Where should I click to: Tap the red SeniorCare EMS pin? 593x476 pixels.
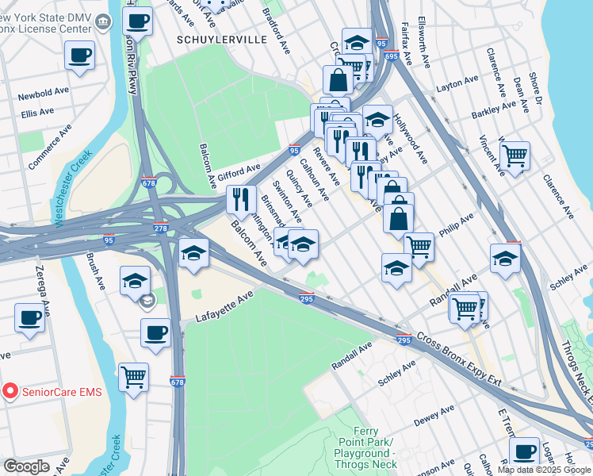[10, 391]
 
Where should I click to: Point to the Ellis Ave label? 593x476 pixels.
[37, 113]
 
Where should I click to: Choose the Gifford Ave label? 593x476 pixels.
[239, 170]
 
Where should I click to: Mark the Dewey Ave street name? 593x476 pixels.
[433, 415]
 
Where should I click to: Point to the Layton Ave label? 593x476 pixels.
[457, 82]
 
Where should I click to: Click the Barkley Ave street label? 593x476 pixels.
[494, 113]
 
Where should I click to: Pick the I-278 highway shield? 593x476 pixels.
[161, 228]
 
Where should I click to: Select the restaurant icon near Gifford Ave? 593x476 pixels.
[241, 198]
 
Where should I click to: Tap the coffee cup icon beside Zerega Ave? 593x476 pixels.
[29, 318]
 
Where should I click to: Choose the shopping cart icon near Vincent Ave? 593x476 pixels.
[515, 155]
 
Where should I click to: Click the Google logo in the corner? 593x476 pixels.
[26, 466]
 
